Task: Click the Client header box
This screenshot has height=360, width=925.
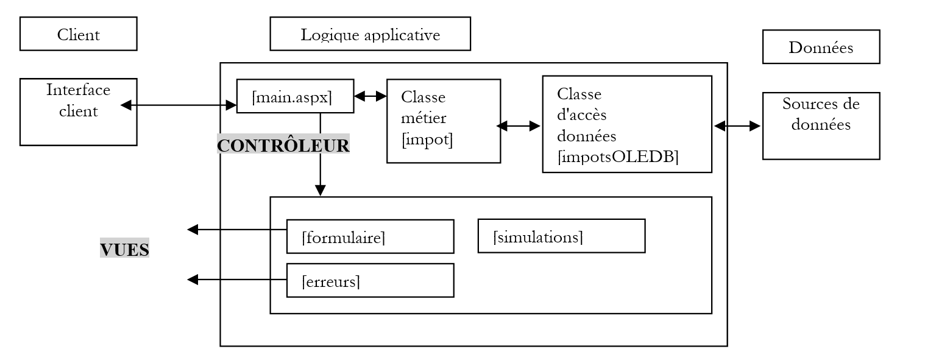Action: tap(78, 34)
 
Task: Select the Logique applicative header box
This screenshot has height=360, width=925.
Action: tap(370, 34)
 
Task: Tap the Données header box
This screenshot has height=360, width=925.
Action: tap(821, 47)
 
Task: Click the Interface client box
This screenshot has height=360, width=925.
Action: tap(78, 112)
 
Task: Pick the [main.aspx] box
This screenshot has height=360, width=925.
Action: tap(294, 96)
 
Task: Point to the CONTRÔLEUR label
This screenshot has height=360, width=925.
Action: tap(283, 145)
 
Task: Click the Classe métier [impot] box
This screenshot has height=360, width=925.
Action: tap(443, 121)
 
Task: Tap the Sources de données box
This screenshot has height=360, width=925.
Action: tap(821, 125)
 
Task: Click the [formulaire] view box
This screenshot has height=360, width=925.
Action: tap(370, 236)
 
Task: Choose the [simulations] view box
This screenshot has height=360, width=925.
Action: tap(561, 236)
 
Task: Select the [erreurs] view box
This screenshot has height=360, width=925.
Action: tap(370, 280)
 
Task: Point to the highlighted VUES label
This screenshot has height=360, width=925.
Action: tap(124, 249)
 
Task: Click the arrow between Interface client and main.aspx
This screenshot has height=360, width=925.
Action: tap(179, 105)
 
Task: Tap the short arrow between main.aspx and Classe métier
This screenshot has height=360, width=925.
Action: tap(370, 96)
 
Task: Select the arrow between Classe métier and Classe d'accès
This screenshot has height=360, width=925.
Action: tap(519, 126)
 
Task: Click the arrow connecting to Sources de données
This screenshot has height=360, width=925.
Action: tap(737, 126)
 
